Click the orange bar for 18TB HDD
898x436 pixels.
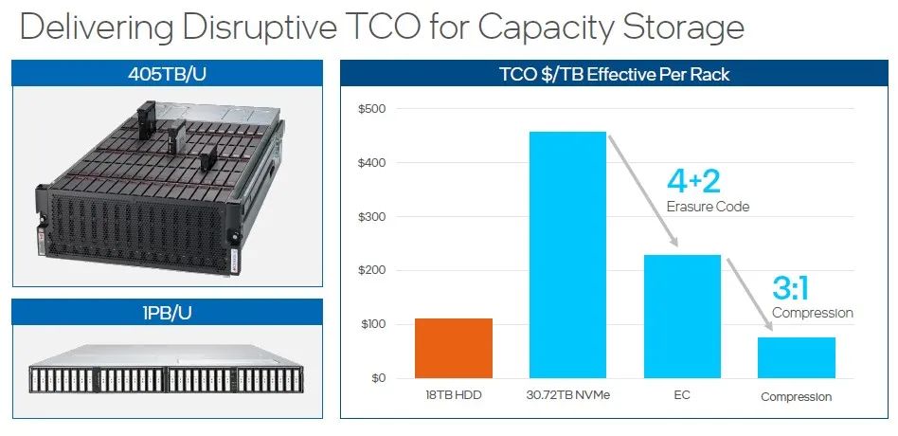(454, 349)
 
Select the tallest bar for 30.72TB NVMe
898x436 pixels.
(567, 255)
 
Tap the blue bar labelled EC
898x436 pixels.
(682, 317)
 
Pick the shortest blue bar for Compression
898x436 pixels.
(797, 357)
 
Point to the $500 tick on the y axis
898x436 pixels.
(371, 109)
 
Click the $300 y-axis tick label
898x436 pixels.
(371, 216)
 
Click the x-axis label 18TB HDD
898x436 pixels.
(454, 395)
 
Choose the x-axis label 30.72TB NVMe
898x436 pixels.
(567, 395)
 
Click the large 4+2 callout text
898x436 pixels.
(693, 181)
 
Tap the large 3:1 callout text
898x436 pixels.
(790, 288)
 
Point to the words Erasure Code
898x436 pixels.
(708, 207)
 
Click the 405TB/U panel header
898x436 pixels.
(167, 74)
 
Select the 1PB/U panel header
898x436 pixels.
(167, 313)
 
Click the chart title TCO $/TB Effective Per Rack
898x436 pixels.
(614, 74)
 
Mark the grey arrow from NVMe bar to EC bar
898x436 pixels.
(642, 191)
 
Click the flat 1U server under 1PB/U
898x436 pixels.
(167, 371)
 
